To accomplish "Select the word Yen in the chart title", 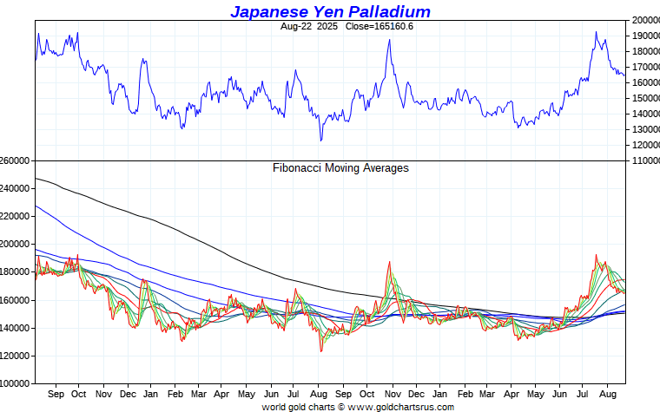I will (x=330, y=11).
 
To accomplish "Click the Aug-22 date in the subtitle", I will (x=296, y=26).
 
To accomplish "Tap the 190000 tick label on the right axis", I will (x=643, y=36).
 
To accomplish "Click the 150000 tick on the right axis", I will (x=643, y=98).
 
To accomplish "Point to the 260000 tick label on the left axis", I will (x=16, y=161).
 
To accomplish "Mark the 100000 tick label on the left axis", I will (x=16, y=383).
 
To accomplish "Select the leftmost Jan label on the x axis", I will (x=151, y=395).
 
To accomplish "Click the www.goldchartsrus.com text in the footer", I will (x=401, y=407).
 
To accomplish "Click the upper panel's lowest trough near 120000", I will (x=320, y=140).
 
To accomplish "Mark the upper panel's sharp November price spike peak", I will (x=389, y=40).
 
